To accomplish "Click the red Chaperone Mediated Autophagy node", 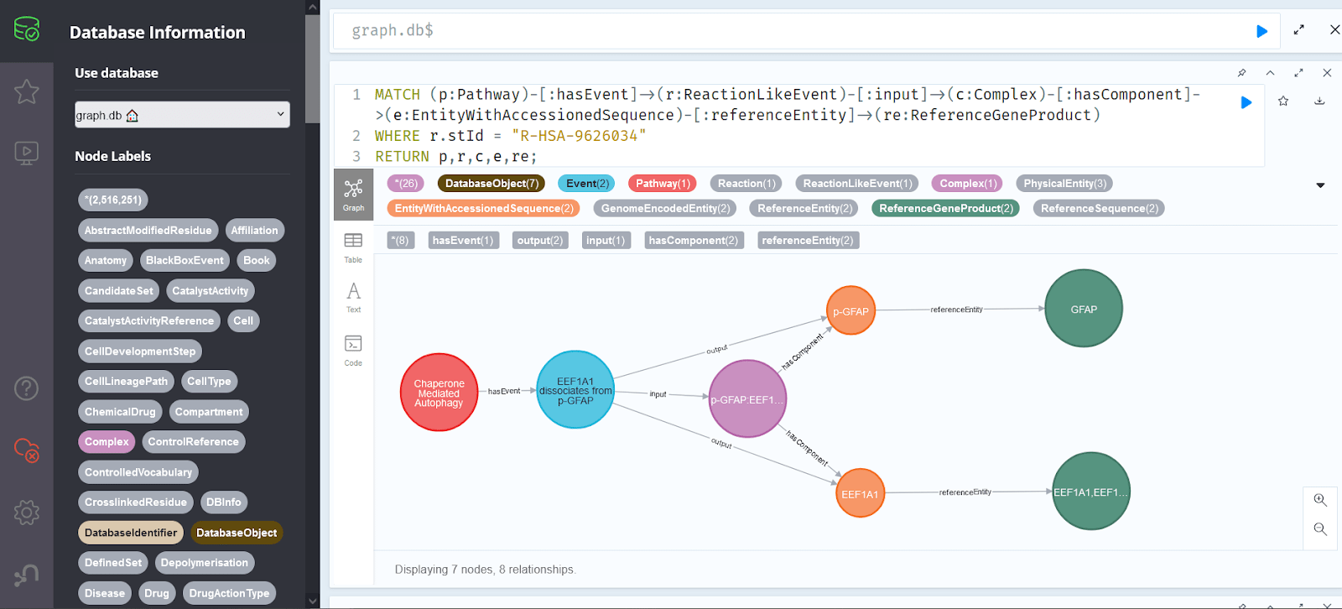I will pos(439,393).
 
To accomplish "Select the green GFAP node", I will pos(1083,309).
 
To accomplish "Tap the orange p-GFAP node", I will pos(850,311).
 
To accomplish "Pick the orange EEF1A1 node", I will pos(860,493).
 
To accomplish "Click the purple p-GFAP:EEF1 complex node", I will pos(746,399).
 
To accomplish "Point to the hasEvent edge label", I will pos(504,391).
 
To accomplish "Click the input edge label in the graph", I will pos(658,394).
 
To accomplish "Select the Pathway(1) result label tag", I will pos(663,184).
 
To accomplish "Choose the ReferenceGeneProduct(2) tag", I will pos(945,208).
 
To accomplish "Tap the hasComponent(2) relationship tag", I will pos(693,241).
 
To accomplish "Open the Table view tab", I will pos(353,247).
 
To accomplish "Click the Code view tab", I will pos(353,350).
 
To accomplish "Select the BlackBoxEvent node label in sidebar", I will pos(185,260).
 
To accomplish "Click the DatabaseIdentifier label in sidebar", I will pos(131,533).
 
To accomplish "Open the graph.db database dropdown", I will pos(182,115).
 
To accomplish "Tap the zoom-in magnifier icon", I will pos(1320,500).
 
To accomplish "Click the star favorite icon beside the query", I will pos(1283,101).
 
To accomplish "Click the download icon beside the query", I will pos(1319,101).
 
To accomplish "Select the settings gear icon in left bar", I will pos(27,512).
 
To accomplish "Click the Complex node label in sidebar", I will pos(107,442).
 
